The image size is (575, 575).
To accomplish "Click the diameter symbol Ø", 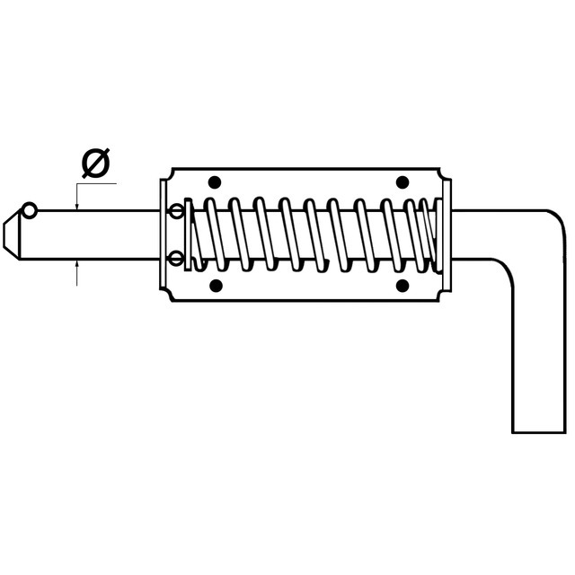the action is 96,164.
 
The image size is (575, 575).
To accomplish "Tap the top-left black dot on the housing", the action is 215,181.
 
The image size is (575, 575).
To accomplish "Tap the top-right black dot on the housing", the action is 402,181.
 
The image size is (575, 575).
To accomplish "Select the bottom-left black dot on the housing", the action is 216,286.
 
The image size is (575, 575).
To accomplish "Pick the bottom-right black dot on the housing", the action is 402,286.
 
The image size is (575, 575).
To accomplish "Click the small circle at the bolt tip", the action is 30,211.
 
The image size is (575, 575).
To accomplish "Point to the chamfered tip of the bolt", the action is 11,234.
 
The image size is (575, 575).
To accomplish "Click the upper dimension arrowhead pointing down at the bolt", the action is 76,207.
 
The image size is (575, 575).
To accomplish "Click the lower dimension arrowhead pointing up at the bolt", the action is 76,263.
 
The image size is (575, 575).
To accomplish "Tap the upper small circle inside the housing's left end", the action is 177,211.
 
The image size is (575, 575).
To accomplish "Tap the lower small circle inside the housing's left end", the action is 177,258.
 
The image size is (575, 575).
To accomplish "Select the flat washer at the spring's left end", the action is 188,234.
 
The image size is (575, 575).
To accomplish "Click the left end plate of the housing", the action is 164,234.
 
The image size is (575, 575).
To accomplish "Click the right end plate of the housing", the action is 447,234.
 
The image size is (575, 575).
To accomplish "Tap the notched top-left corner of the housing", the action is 168,174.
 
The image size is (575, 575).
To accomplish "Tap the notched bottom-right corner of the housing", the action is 445,295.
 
